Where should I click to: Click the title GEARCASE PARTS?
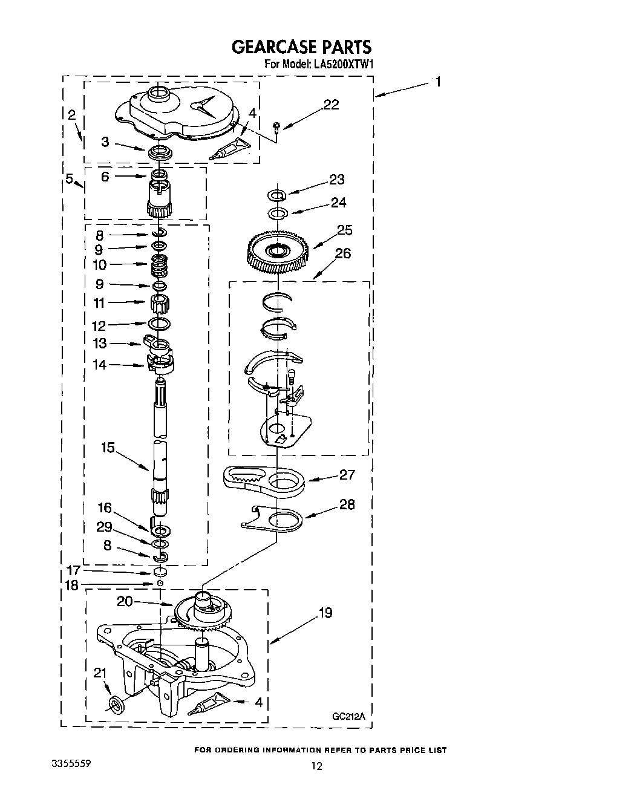pos(301,47)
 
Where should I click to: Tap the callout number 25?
pos(345,230)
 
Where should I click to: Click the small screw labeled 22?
pos(276,126)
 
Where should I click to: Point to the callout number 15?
pos(108,448)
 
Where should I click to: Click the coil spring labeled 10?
pos(159,264)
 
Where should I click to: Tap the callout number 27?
pos(347,475)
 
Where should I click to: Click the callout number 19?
pos(325,613)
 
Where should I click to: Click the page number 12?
pos(316,766)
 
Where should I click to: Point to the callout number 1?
pos(438,82)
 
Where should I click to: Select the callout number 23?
pos(336,179)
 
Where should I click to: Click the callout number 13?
pos(100,344)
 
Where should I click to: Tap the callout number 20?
pos(125,601)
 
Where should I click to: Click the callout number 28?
pos(347,504)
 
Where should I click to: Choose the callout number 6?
pos(105,177)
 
